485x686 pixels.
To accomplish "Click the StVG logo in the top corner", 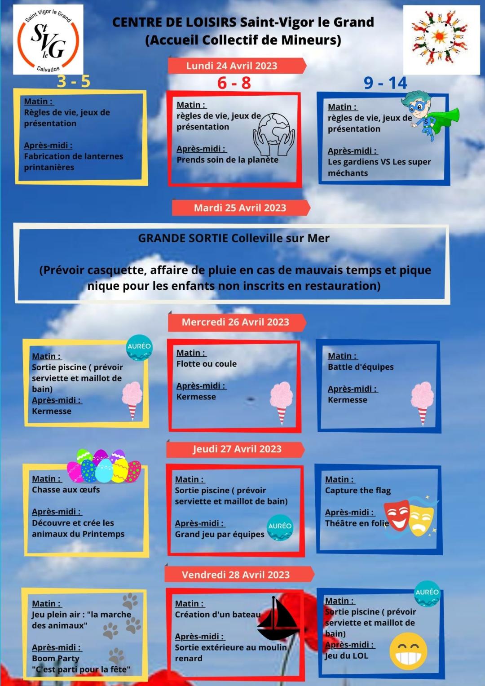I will (x=48, y=40).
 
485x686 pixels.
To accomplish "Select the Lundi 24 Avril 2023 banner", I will (x=232, y=66).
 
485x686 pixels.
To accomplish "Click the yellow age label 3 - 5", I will (x=74, y=81).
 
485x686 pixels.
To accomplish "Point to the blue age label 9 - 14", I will (x=385, y=83).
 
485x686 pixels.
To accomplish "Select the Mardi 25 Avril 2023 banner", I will (x=240, y=208).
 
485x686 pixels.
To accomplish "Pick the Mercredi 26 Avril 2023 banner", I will (x=235, y=322).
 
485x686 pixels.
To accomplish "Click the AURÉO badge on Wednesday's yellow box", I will (x=139, y=348).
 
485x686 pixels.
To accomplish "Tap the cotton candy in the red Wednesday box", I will (x=281, y=401).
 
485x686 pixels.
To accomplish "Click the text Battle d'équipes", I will (x=361, y=367).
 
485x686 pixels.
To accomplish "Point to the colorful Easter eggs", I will (x=104, y=466).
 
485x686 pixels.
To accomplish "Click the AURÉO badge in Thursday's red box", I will (x=280, y=527).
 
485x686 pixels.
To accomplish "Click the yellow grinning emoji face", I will (x=408, y=651).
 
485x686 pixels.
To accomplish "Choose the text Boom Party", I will (x=56, y=658).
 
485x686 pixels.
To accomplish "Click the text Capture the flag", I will (x=358, y=490).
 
